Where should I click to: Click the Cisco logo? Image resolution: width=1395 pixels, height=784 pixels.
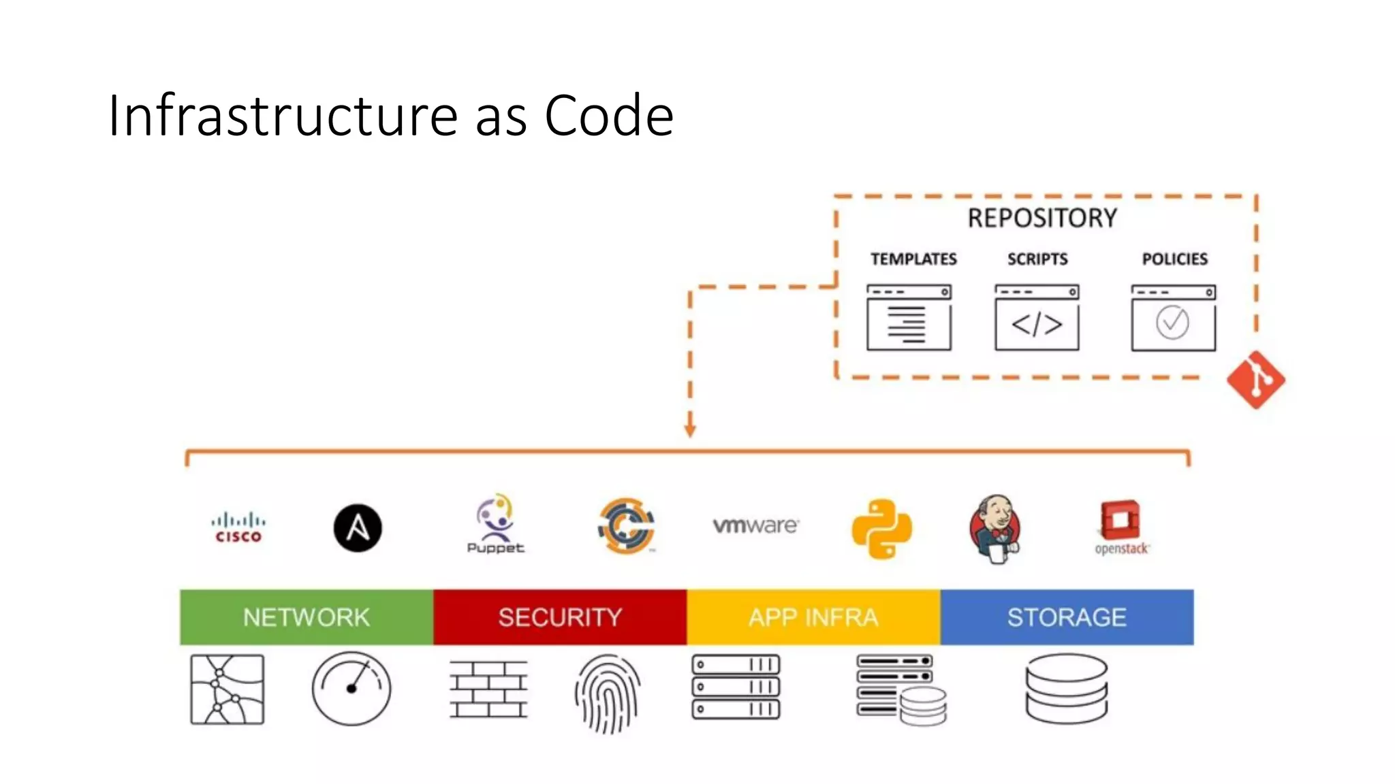pyautogui.click(x=238, y=528)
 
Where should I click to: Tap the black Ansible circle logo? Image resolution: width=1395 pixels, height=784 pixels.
pyautogui.click(x=358, y=528)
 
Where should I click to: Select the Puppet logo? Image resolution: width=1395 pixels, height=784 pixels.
pyautogui.click(x=496, y=524)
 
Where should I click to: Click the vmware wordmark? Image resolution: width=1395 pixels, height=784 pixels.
pyautogui.click(x=755, y=525)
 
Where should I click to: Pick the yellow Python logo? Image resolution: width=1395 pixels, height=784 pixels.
pyautogui.click(x=882, y=529)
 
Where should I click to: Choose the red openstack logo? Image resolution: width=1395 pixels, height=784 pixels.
pyautogui.click(x=1121, y=528)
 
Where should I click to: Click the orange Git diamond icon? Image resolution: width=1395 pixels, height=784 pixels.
pyautogui.click(x=1255, y=380)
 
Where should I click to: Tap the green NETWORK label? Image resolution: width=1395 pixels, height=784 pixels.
pyautogui.click(x=307, y=617)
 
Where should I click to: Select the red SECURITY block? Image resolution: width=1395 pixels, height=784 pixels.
pyautogui.click(x=560, y=617)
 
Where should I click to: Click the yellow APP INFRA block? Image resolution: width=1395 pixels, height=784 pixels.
pyautogui.click(x=813, y=617)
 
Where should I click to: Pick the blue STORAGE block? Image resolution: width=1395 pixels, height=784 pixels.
pyautogui.click(x=1067, y=617)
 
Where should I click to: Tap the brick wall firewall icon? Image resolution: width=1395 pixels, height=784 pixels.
pyautogui.click(x=488, y=689)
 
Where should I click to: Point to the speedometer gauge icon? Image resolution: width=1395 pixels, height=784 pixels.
pyautogui.click(x=351, y=688)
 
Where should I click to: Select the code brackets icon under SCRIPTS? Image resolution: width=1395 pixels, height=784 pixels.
pyautogui.click(x=1037, y=325)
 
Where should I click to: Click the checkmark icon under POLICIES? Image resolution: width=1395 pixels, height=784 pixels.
pyautogui.click(x=1172, y=323)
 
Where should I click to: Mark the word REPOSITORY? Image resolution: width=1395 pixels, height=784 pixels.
pyautogui.click(x=1042, y=218)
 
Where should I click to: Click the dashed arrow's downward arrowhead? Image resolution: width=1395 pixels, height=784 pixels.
pyautogui.click(x=690, y=431)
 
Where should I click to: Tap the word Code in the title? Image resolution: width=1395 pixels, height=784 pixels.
pyautogui.click(x=609, y=116)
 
